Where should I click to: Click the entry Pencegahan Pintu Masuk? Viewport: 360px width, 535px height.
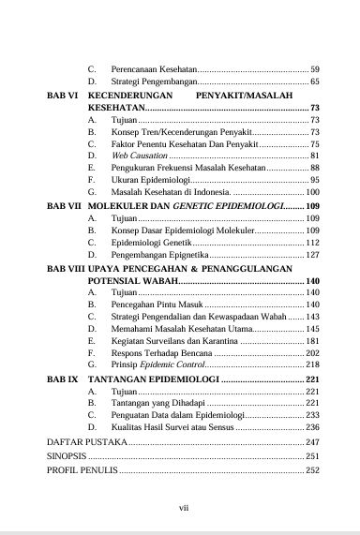tap(156, 305)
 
